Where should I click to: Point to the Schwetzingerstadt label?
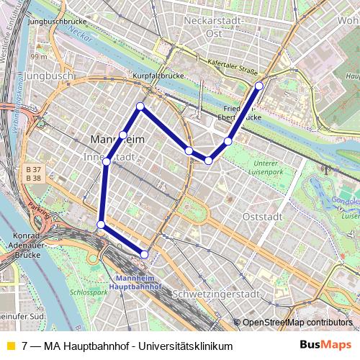coord(216,294)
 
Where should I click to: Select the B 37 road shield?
coord(33,169)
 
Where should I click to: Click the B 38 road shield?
coord(33,178)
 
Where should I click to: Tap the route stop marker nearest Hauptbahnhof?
coord(145,254)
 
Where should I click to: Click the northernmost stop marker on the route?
coord(259,86)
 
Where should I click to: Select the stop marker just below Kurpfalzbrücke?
coord(140,107)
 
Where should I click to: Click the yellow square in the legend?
coord(10,346)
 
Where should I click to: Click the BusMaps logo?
coord(325,345)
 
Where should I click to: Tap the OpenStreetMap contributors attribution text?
coord(297,322)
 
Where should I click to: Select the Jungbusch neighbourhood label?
coord(48,75)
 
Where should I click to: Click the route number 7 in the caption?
coord(26,346)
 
